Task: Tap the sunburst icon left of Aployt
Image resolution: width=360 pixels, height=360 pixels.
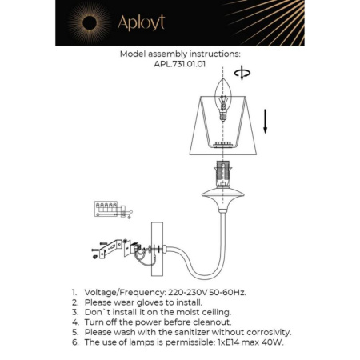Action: (x=87, y=22)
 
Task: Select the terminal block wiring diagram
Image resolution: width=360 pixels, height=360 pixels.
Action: (x=106, y=210)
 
